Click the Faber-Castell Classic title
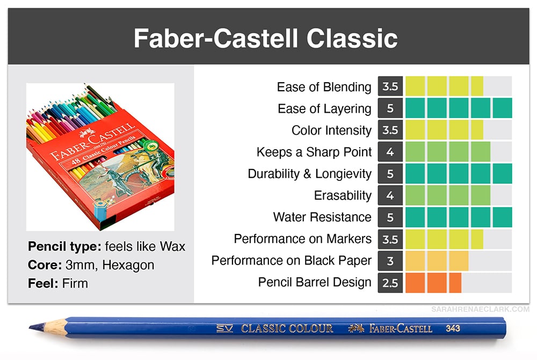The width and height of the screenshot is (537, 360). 266,38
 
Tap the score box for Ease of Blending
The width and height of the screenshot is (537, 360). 390,86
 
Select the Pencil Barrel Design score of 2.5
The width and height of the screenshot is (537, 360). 390,283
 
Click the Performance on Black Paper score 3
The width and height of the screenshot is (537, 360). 390,261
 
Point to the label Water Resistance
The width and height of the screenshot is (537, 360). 322,217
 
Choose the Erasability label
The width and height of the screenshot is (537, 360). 343,195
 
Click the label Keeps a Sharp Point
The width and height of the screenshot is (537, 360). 314,152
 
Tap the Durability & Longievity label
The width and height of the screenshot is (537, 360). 310,174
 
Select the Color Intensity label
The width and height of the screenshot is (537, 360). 331,130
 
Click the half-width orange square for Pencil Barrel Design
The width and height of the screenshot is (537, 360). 455,283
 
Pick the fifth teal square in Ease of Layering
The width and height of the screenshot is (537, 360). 503,108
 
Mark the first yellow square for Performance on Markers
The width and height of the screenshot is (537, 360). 415,239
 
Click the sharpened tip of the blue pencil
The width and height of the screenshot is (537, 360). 30,328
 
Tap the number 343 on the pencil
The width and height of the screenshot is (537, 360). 453,328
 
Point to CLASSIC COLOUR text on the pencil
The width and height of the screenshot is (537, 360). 287,328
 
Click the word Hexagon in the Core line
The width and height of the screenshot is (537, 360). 128,265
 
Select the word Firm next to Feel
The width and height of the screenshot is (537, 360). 75,283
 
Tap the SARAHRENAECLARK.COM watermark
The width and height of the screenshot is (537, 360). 480,309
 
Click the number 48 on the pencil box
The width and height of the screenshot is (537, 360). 76,161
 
